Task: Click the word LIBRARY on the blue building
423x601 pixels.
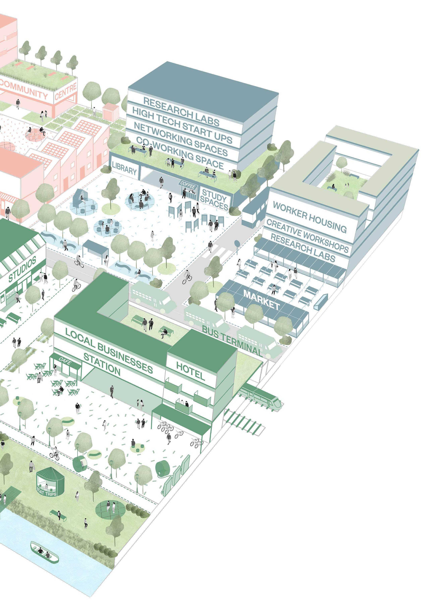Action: pyautogui.click(x=124, y=169)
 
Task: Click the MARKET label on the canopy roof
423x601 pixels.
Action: pyautogui.click(x=262, y=299)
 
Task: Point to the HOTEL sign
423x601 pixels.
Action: pyautogui.click(x=190, y=371)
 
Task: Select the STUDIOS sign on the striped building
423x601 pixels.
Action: pyautogui.click(x=22, y=269)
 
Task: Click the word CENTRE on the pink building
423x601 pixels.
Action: pyautogui.click(x=66, y=92)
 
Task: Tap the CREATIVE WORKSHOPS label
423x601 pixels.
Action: pyautogui.click(x=307, y=236)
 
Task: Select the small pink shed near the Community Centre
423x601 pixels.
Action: pyautogui.click(x=111, y=112)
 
